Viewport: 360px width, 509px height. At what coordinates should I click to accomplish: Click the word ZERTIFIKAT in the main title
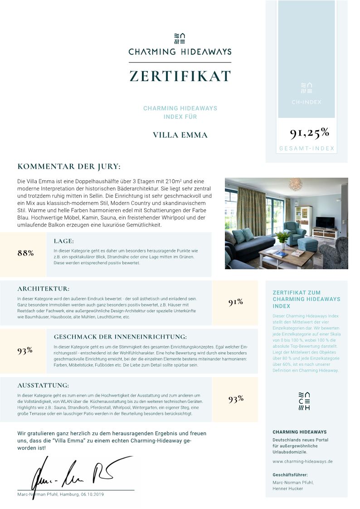180,76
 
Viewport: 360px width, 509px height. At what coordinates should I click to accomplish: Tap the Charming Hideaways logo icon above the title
180,38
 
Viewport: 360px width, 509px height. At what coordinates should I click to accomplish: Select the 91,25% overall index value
310,132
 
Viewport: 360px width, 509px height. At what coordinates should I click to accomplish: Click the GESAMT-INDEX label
306,148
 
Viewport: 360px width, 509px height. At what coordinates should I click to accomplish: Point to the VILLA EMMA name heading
180,135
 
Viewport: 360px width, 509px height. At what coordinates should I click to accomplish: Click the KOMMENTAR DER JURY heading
69,166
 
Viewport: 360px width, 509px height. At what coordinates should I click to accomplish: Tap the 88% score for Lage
25,253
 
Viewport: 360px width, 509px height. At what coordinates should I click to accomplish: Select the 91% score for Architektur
236,302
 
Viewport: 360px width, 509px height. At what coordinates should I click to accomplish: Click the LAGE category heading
63,241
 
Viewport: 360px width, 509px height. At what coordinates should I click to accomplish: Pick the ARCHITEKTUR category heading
44,288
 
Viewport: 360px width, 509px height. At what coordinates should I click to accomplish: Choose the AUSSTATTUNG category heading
43,385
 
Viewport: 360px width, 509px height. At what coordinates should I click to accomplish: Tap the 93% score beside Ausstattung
236,399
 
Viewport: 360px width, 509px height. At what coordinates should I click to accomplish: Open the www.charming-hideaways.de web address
302,461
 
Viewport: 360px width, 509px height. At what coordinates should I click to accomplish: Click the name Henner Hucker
287,489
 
